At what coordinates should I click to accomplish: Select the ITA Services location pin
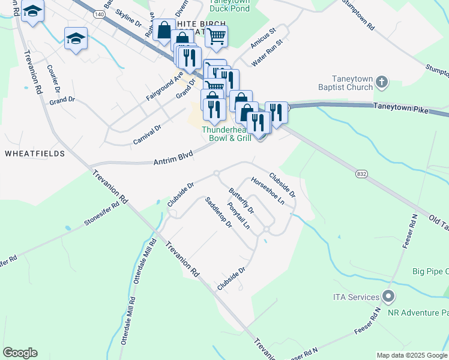388,296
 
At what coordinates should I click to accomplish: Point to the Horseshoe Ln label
268,191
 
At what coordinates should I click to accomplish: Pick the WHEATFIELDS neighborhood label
35,154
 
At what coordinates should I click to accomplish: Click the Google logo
20,353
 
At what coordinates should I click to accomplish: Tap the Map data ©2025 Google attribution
411,355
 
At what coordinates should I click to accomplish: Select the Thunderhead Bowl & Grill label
226,134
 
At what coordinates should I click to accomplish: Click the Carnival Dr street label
148,134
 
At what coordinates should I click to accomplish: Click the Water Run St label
267,55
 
